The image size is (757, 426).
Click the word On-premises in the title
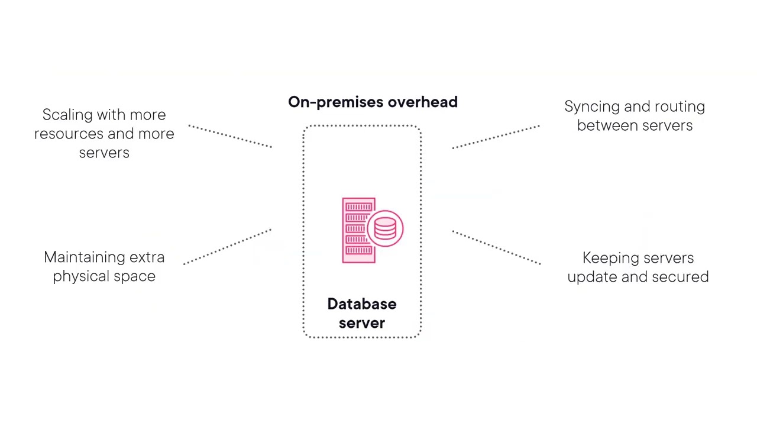(331, 102)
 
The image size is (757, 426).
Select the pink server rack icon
(358, 230)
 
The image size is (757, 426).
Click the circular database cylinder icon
(385, 228)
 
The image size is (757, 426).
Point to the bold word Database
(361, 304)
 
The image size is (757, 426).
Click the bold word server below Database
(361, 323)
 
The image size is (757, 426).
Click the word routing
(682, 107)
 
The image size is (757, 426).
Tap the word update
(592, 277)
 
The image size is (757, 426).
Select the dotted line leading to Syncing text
(496, 137)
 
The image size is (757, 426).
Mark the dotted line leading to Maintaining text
(228, 246)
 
